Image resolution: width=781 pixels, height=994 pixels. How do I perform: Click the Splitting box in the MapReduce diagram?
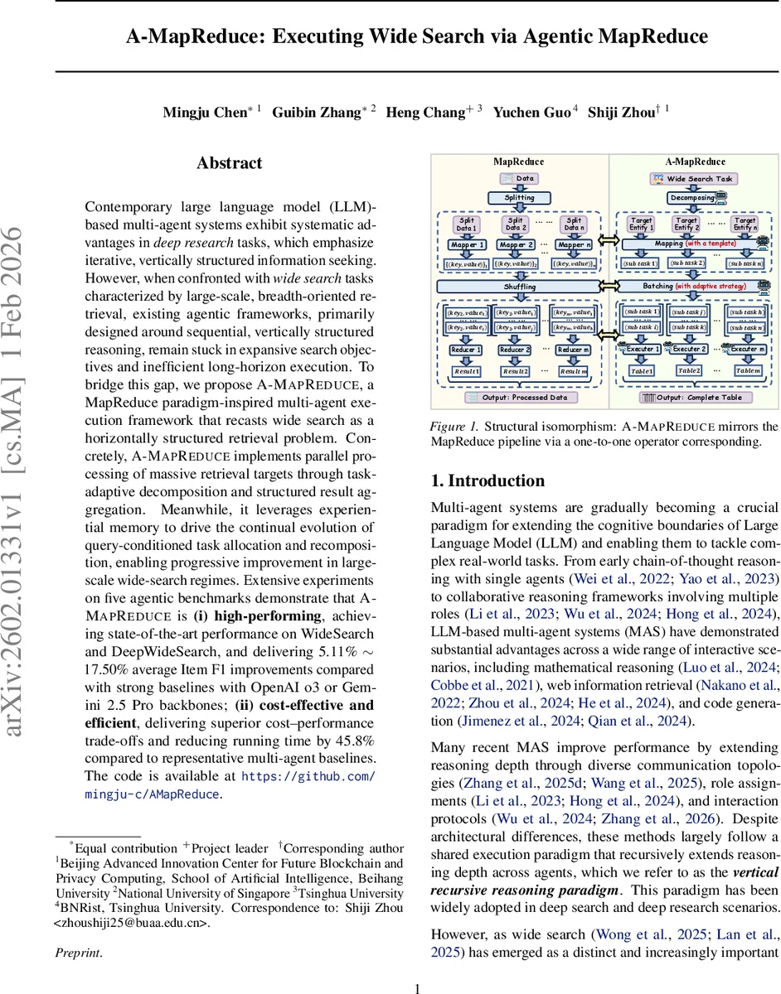coord(520,198)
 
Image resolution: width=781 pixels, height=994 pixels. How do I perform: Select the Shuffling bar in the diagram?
coord(520,287)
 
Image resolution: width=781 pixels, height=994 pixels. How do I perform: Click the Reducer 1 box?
coord(462,350)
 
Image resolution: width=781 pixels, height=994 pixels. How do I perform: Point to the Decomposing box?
coord(691,198)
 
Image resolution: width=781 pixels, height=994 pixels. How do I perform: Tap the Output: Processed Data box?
coord(520,398)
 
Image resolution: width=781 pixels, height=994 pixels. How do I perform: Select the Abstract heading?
coord(229,163)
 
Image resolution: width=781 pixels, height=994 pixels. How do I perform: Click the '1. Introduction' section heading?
coord(488,481)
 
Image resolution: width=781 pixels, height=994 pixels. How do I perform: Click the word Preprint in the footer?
coord(77,953)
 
